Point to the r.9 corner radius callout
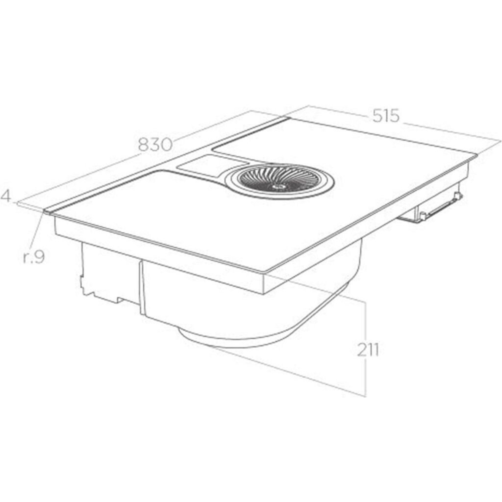pos(34,257)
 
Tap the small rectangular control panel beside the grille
pos(211,164)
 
